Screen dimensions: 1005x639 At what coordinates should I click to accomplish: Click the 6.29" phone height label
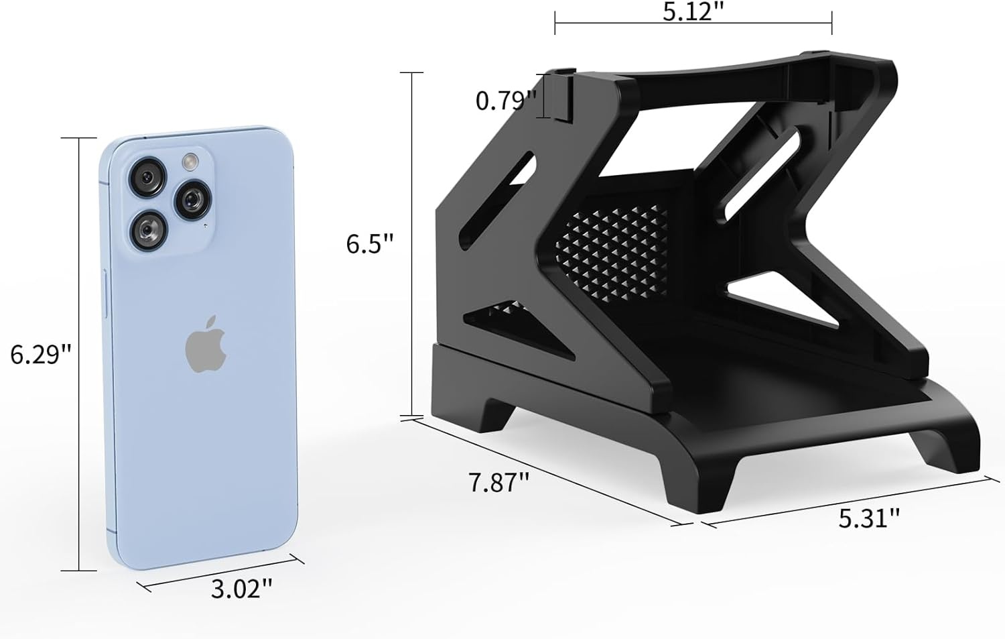pyautogui.click(x=40, y=355)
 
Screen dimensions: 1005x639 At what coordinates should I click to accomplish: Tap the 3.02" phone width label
pyautogui.click(x=241, y=589)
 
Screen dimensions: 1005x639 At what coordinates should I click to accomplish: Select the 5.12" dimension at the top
pyautogui.click(x=693, y=12)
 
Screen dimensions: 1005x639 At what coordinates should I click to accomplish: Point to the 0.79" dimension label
pyautogui.click(x=506, y=101)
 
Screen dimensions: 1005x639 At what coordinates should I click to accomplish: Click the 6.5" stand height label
pyautogui.click(x=370, y=244)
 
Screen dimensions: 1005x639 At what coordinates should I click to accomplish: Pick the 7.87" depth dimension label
pyautogui.click(x=498, y=483)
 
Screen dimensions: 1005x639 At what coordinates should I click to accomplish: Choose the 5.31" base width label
pyautogui.click(x=869, y=518)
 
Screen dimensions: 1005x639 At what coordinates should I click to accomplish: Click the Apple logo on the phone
pyautogui.click(x=206, y=344)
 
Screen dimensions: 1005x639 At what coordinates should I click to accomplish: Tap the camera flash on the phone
pyautogui.click(x=190, y=162)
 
